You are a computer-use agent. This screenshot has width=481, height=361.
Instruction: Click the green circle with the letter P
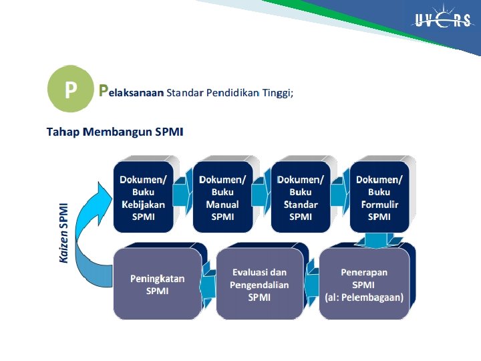[x=69, y=89]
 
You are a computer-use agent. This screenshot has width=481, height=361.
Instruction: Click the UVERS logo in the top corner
[x=442, y=20]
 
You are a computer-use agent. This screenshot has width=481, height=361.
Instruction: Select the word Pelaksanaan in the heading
[x=131, y=92]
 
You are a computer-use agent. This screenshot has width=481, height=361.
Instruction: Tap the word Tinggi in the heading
[x=277, y=92]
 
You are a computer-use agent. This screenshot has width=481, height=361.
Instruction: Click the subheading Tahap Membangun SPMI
[x=114, y=131]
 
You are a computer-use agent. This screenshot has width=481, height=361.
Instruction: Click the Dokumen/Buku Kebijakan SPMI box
[x=143, y=197]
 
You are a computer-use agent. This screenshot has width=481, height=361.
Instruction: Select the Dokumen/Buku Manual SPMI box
[x=222, y=197]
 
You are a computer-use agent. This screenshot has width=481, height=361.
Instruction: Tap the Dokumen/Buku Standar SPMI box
[x=301, y=197]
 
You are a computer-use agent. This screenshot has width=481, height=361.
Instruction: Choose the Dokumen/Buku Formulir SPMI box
[x=379, y=197]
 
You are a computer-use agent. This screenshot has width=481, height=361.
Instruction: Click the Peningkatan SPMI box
[x=158, y=284]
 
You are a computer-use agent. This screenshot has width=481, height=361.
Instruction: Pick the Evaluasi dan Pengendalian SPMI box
[x=259, y=284]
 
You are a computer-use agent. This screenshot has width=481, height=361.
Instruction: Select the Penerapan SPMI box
[x=364, y=284]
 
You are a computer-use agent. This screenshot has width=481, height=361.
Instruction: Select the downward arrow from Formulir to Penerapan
[x=379, y=239]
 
